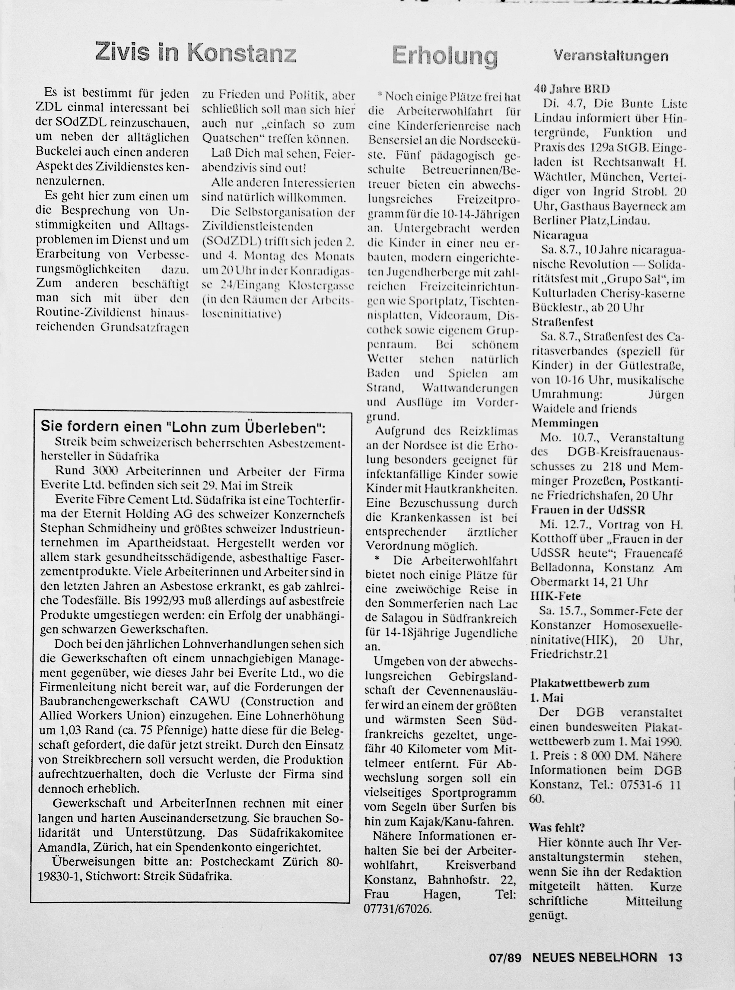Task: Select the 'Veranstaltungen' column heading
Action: [611, 56]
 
